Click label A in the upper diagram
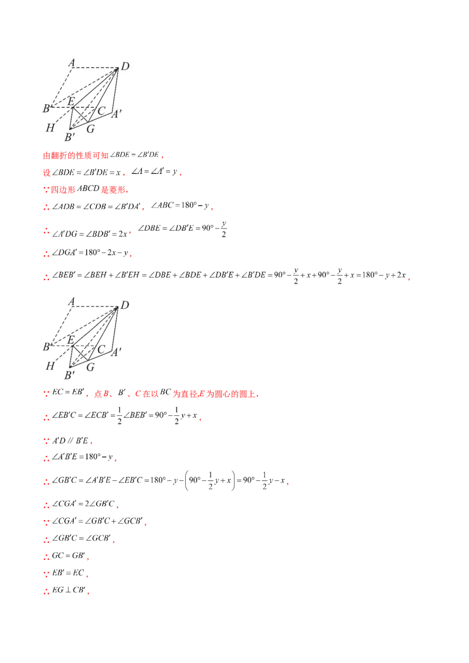tap(72, 62)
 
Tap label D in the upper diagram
tap(124, 67)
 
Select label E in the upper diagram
tap(71, 101)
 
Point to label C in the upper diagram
tap(101, 110)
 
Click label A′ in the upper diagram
tap(116, 114)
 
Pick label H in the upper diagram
tap(50, 127)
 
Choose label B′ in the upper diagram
tap(69, 138)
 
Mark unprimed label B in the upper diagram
tap(46, 108)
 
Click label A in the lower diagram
tap(72, 302)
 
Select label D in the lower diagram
tap(124, 305)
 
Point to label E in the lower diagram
tap(71, 340)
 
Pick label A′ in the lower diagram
tap(116, 352)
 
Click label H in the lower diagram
tap(50, 365)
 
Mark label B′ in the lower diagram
tap(69, 375)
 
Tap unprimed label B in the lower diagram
tap(46, 347)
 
